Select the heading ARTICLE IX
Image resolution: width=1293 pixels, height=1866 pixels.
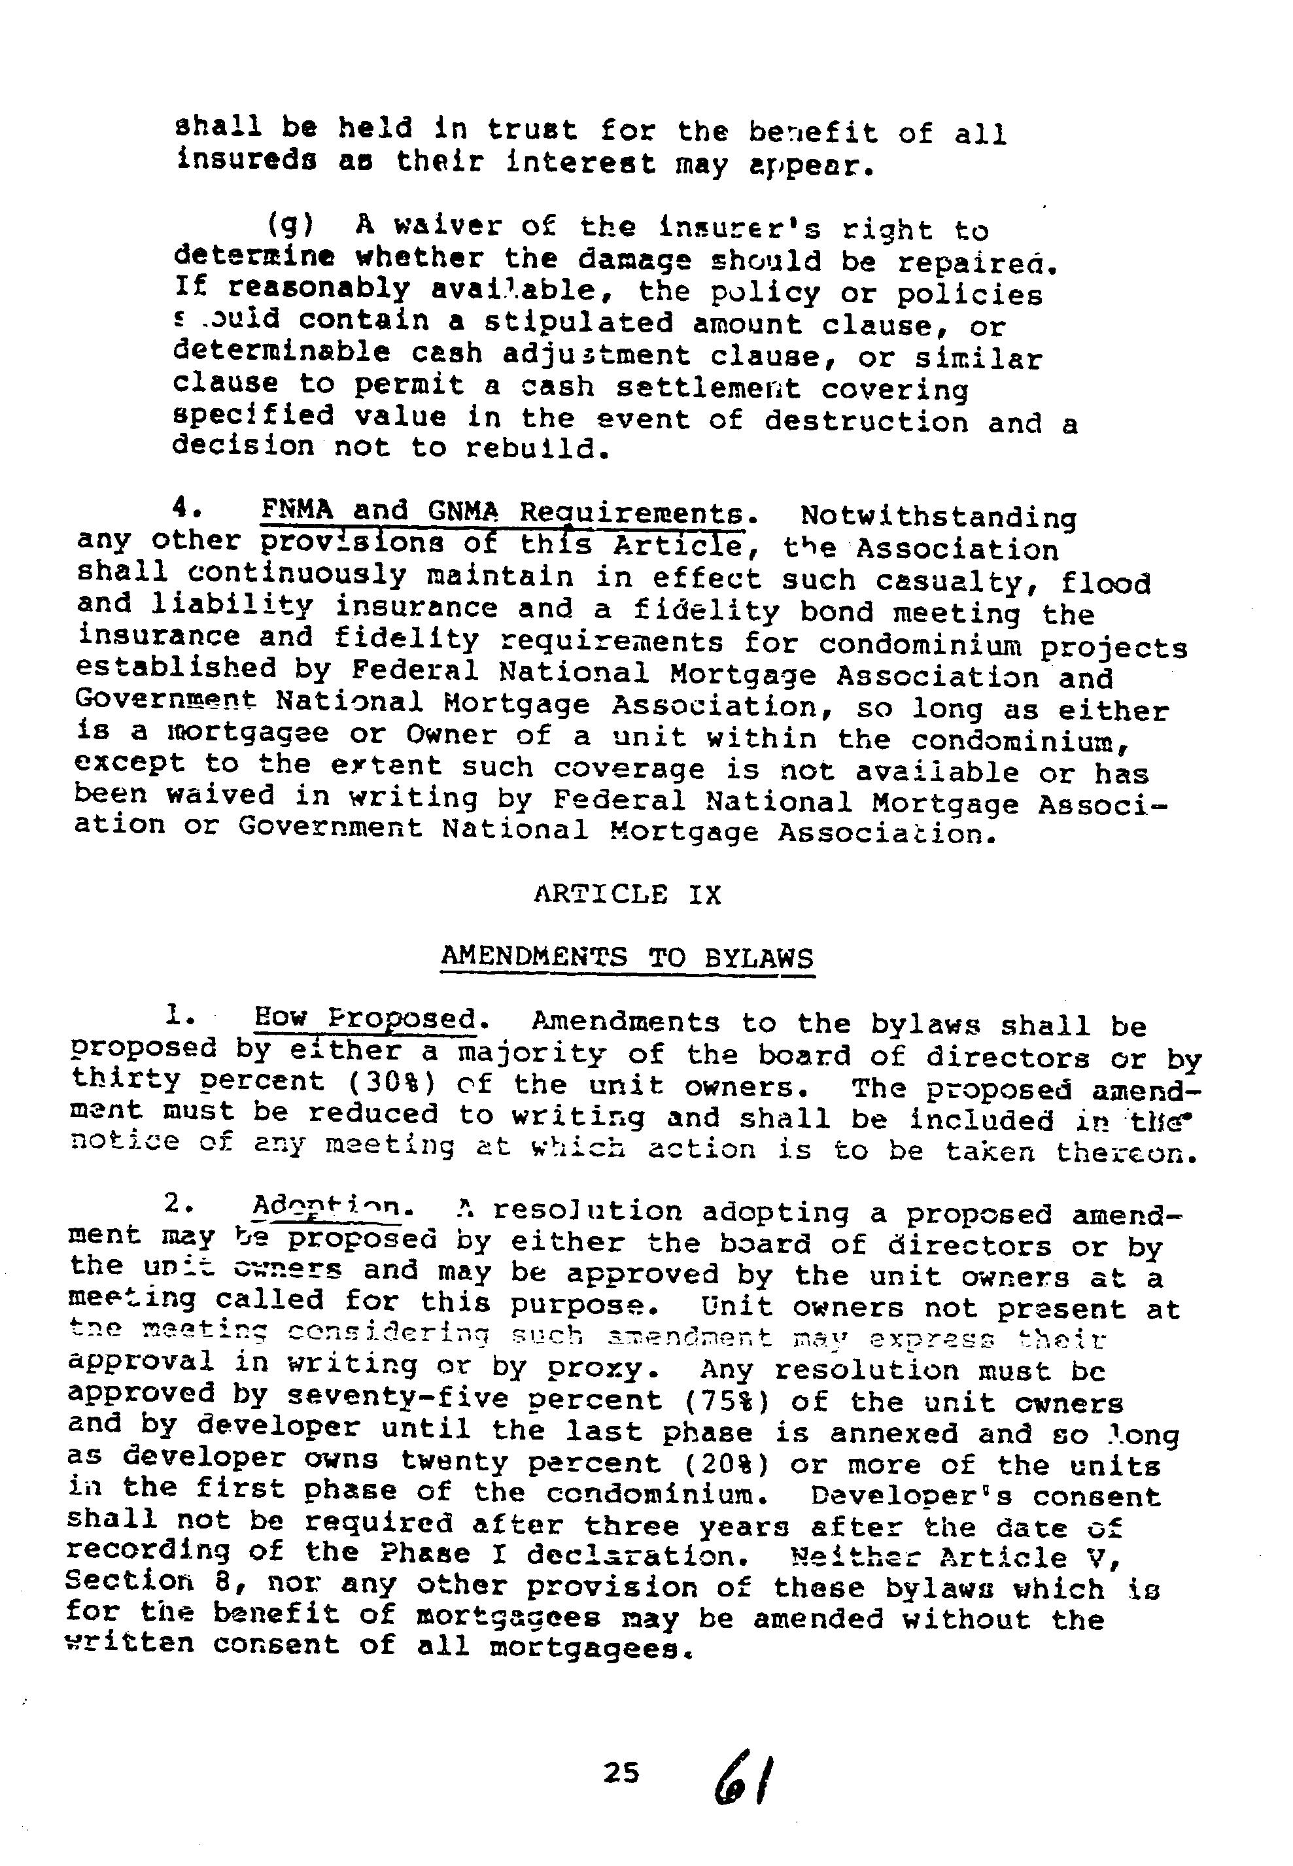coord(627,895)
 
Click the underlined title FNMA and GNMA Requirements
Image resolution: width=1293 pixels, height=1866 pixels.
coord(502,512)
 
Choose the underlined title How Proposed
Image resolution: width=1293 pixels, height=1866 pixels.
coord(364,1018)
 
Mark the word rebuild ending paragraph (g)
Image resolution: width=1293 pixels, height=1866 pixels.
coord(533,448)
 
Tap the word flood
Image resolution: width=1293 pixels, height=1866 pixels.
coord(1106,583)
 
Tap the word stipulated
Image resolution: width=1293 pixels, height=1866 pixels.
coord(579,323)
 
